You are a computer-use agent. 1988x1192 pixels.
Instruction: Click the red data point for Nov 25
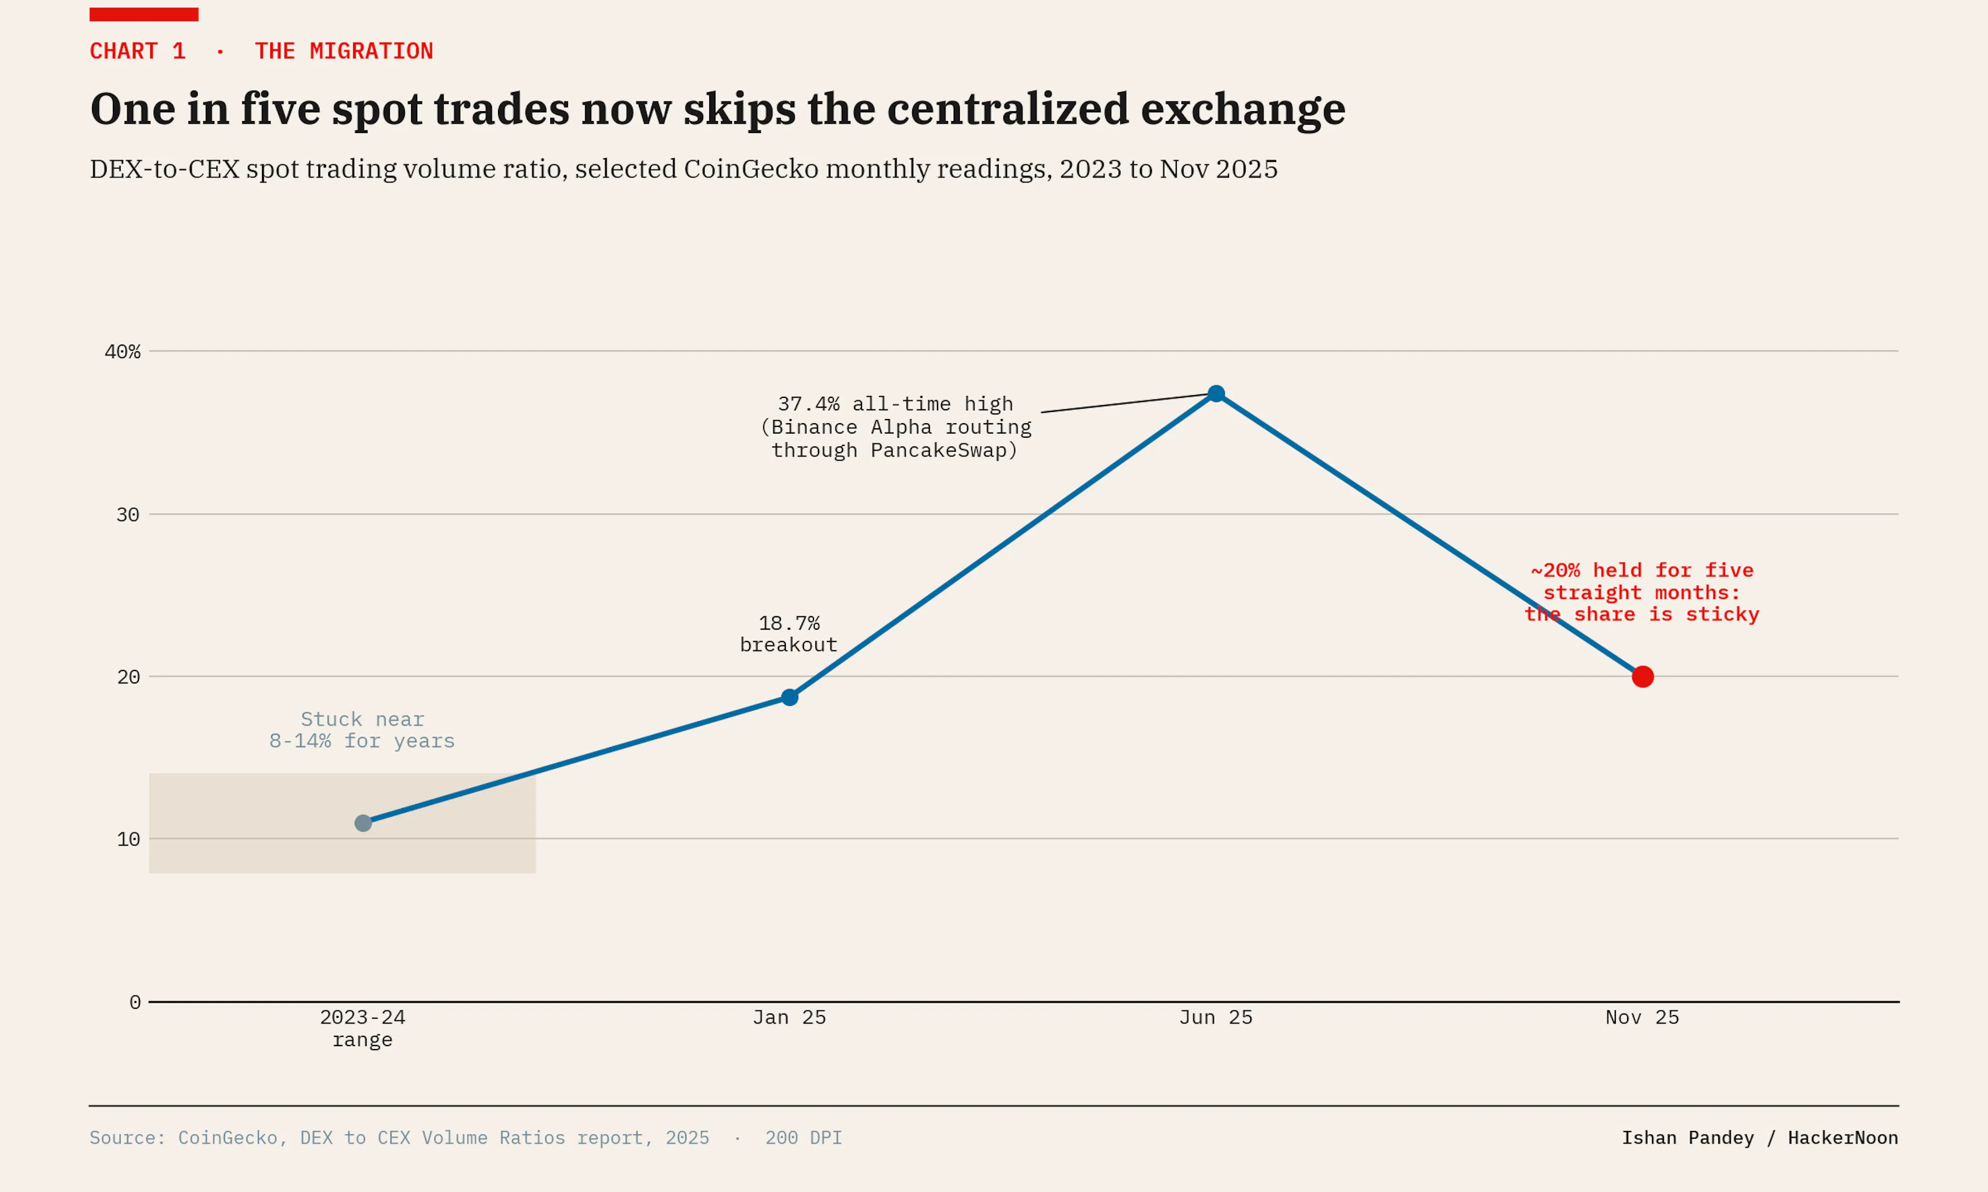pos(1643,677)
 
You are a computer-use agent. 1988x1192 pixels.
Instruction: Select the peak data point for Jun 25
pos(1216,394)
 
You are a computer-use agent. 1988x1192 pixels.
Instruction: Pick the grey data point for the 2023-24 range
pos(363,823)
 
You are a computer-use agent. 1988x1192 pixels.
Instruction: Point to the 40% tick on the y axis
pos(122,352)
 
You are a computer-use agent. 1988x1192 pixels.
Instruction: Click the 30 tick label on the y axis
pos(128,515)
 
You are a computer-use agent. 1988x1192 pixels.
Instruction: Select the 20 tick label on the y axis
pos(128,677)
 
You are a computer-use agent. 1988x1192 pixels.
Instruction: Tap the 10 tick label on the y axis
pos(128,839)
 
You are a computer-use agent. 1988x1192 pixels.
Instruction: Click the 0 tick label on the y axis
pos(135,1003)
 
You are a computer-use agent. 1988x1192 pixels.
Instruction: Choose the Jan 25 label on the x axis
pos(789,1018)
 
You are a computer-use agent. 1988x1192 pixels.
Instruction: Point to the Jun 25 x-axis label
pos(1216,1018)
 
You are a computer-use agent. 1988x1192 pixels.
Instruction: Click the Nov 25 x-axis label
pos(1643,1018)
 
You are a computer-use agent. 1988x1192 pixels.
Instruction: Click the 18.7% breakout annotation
pos(788,634)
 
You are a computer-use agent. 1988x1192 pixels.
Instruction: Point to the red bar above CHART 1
pos(144,14)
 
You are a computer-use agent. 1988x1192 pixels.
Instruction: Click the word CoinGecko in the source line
pos(227,1138)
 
